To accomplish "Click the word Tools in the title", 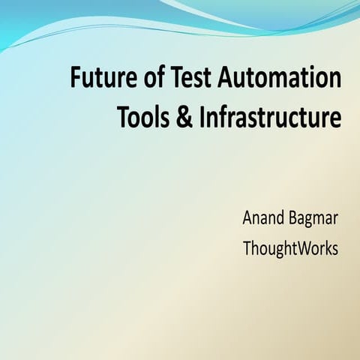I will [142, 118].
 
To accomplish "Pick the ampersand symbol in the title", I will [184, 118].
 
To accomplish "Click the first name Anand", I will [263, 219].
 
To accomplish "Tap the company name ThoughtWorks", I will [290, 248].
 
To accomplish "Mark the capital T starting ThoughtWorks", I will [246, 248].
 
